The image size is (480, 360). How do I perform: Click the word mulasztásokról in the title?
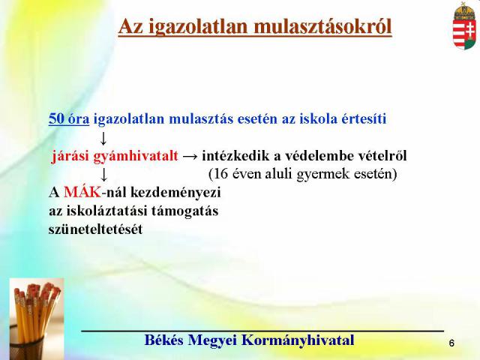coord(323,26)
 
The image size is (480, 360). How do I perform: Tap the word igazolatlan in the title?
coord(199,27)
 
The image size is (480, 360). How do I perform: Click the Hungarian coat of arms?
coord(464,25)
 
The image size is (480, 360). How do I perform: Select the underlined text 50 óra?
coord(69,118)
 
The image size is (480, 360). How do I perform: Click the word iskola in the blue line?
coord(318,118)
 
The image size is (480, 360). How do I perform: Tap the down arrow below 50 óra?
coord(103,138)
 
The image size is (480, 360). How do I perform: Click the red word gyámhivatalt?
coord(135,157)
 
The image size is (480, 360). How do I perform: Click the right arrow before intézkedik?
coord(190,157)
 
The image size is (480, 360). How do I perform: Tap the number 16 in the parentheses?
coord(221,174)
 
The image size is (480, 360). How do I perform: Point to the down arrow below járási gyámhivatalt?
coord(104,175)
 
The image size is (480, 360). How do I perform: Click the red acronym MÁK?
coord(82,192)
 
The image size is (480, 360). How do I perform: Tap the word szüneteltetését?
coord(95,229)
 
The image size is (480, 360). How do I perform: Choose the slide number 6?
coord(451,343)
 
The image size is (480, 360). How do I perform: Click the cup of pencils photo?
coord(37,319)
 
